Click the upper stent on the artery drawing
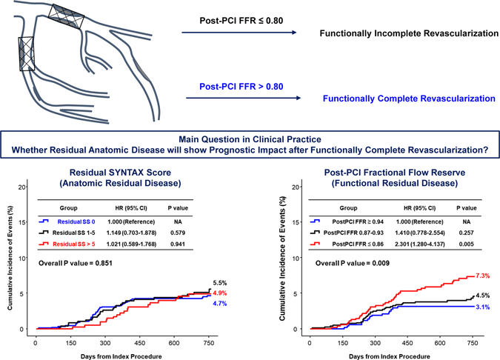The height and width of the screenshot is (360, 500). click(67, 13)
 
